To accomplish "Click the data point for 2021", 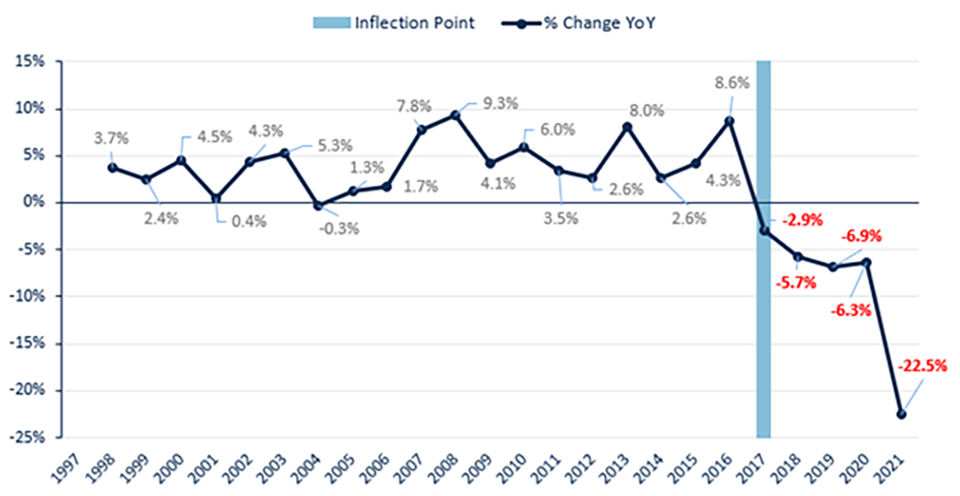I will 902,414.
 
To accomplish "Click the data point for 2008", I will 455,115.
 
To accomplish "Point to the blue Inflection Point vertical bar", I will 764,248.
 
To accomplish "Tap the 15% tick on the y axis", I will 31,62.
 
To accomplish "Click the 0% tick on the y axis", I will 35,202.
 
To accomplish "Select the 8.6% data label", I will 729,82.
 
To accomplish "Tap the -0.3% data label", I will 340,229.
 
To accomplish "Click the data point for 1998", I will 112,167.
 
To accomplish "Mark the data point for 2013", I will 626,126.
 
